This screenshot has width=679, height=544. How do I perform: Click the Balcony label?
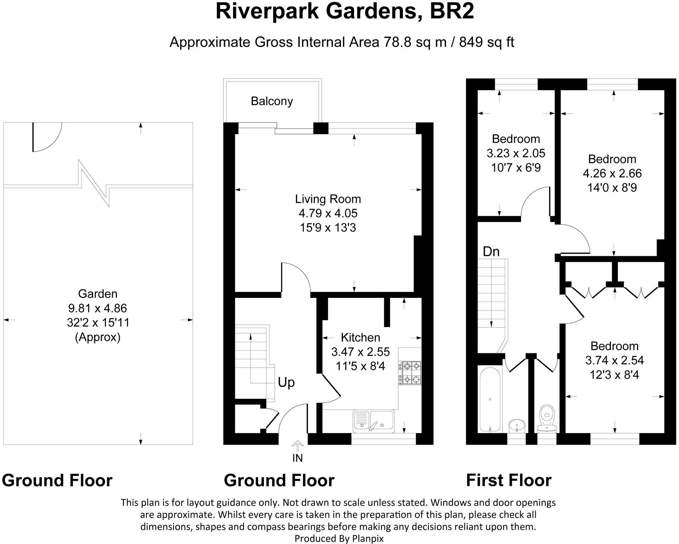coord(272,101)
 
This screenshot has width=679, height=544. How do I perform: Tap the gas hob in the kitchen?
coord(410,373)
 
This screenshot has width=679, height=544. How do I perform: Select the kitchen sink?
coord(373,421)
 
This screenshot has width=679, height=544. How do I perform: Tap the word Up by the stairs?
coord(286,383)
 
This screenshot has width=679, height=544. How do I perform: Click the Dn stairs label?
coord(491,252)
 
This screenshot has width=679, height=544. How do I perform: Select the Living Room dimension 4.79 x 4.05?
coord(328,213)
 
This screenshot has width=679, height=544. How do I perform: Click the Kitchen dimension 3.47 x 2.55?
coord(360,352)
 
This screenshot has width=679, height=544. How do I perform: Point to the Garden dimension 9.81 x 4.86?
coord(98,308)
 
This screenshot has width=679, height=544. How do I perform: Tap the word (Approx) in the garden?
coord(98,337)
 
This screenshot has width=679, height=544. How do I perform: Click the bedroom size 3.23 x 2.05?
coord(516,153)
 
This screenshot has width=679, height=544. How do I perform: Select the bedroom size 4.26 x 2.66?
coord(612,173)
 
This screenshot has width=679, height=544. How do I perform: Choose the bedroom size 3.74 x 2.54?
coord(615,360)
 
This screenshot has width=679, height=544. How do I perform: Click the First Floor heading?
coord(509,480)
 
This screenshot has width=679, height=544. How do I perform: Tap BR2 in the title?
coord(452,11)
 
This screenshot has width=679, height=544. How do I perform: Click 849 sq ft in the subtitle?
coord(487,42)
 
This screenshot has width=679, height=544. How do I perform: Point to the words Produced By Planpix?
coord(339,538)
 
